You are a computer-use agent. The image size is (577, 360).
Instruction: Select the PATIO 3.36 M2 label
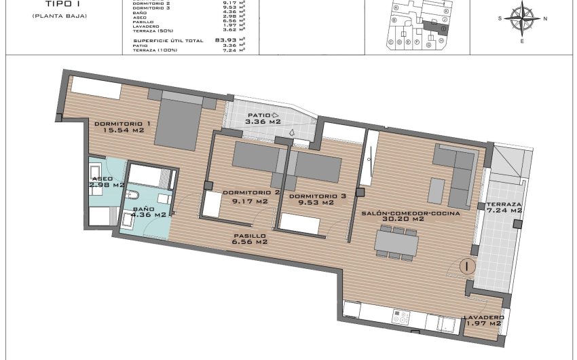264,119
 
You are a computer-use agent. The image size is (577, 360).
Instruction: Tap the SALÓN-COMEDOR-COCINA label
411,216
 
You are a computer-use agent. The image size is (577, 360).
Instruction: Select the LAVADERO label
483,320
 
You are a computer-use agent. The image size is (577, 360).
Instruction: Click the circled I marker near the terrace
466,267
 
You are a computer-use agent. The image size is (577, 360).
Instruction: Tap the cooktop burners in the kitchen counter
401,316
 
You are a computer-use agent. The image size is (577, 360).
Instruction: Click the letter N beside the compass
546,18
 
